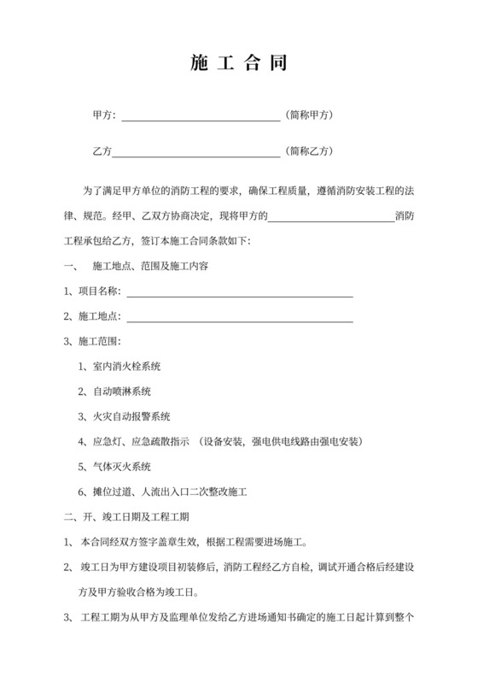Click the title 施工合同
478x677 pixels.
(x=239, y=62)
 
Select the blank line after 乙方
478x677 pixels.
(x=196, y=152)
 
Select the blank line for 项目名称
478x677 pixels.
(x=239, y=292)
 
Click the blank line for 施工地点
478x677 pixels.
(x=239, y=317)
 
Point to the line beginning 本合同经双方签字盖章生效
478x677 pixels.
(x=198, y=541)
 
